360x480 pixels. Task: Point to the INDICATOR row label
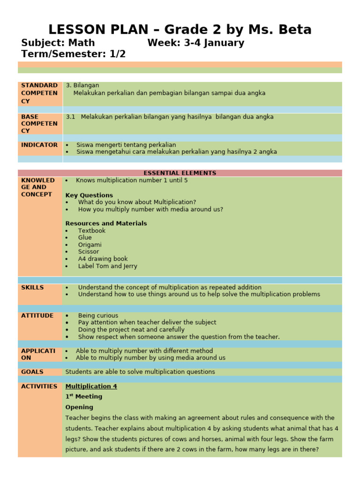tap(39, 145)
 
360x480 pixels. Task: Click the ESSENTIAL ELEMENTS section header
tap(180, 173)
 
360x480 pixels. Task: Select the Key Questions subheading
tap(89, 195)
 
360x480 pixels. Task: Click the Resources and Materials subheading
tap(106, 224)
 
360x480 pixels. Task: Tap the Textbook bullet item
tap(91, 231)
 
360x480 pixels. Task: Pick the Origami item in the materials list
tap(90, 245)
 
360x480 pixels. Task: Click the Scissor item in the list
tap(88, 252)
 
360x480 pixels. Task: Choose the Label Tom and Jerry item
tap(107, 266)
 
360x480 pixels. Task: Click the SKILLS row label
tap(32, 287)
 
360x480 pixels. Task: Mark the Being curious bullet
tap(98, 315)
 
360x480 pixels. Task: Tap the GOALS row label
tap(32, 372)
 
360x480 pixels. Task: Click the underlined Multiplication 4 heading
tap(91, 386)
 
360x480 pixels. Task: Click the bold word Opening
tap(79, 407)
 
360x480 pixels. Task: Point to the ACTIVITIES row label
tap(39, 386)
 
